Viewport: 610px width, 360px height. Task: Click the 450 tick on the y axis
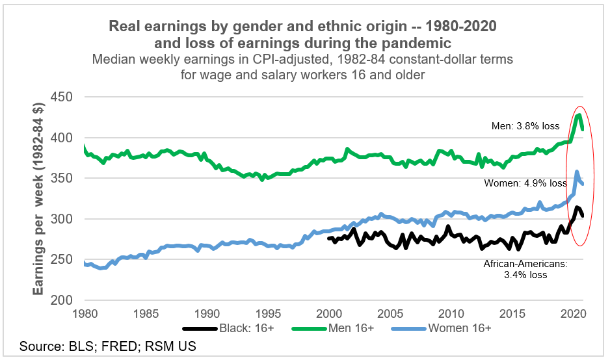click(x=61, y=97)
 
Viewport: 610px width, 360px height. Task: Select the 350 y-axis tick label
click(x=61, y=179)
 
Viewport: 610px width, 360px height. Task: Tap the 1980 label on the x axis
click(x=85, y=312)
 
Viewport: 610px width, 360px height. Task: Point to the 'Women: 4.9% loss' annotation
click(x=525, y=183)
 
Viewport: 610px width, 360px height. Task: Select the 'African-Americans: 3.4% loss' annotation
click(x=525, y=269)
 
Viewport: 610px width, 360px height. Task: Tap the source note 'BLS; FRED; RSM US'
click(x=108, y=346)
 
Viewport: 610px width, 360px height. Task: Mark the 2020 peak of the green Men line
click(x=578, y=115)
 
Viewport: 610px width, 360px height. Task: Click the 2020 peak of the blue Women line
click(x=576, y=172)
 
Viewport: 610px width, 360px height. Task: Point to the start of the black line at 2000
click(x=329, y=238)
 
